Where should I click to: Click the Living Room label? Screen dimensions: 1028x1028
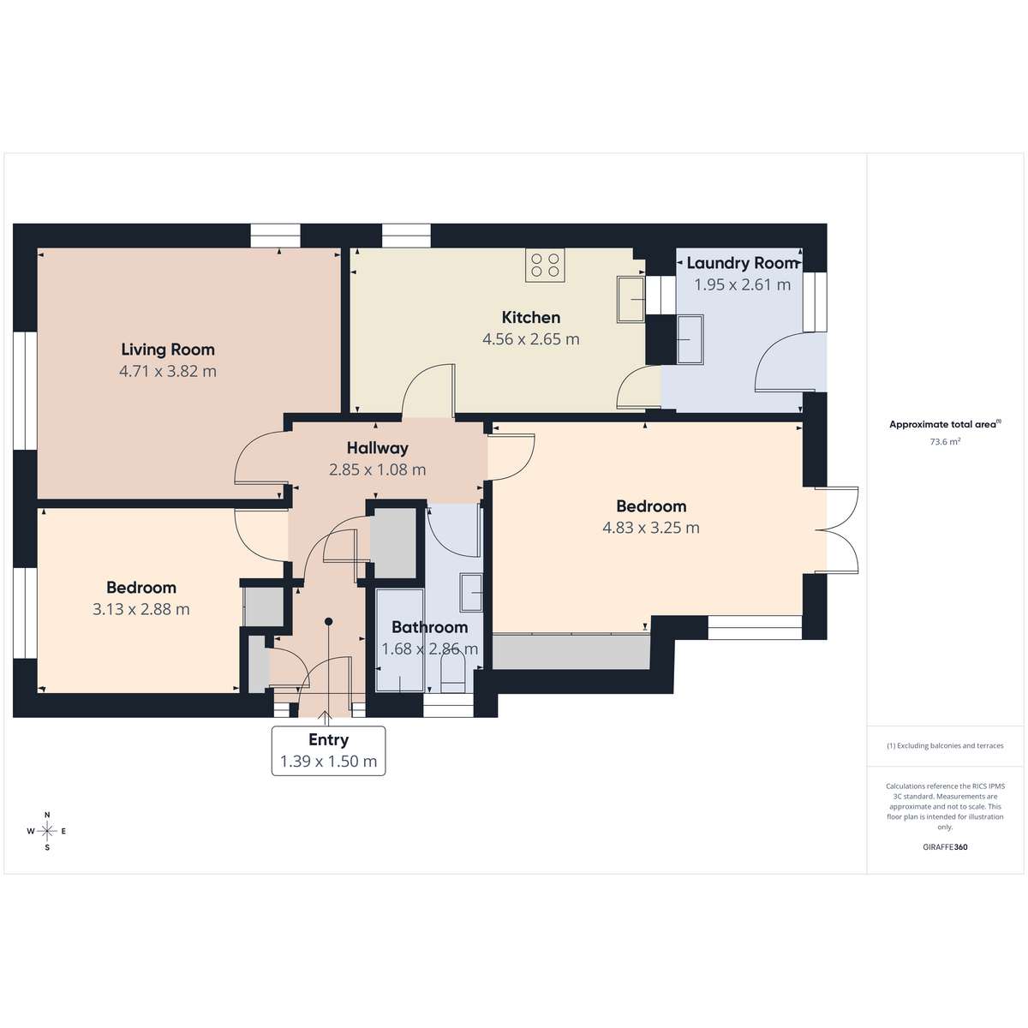[168, 350]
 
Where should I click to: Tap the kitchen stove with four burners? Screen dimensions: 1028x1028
[545, 265]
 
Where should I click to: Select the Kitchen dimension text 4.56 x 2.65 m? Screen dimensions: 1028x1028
[531, 339]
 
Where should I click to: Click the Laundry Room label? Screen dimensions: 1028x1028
[743, 263]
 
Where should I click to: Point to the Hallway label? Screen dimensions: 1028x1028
[378, 448]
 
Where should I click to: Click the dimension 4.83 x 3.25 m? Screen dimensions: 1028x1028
[651, 528]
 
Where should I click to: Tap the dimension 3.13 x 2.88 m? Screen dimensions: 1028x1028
[141, 609]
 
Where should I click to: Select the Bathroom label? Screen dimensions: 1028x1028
[429, 627]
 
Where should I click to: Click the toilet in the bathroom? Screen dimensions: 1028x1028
[453, 674]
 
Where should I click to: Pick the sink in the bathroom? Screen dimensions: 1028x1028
[471, 593]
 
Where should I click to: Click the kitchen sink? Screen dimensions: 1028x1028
[631, 299]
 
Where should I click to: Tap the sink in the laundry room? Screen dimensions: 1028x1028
[690, 340]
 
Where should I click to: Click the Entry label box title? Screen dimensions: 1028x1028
[329, 739]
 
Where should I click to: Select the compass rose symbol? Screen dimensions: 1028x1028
[47, 831]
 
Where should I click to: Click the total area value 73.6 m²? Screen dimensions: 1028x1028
[945, 442]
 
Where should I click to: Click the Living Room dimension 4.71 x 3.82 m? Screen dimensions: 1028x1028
[168, 371]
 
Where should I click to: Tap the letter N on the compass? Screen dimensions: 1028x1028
[47, 815]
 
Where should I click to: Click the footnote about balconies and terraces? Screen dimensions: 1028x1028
[945, 745]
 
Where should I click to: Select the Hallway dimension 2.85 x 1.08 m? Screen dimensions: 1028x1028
[378, 470]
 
